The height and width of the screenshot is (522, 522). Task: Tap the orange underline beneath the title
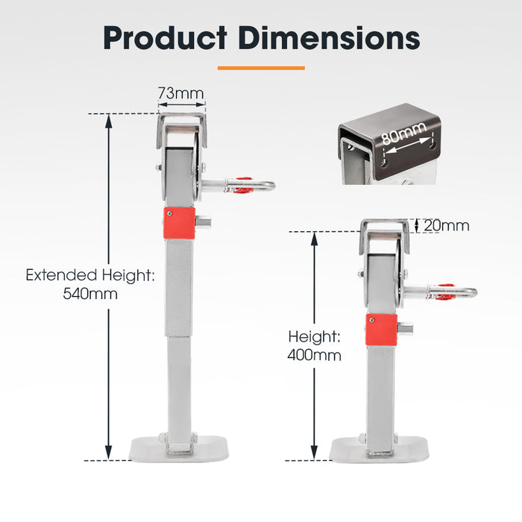click(261, 68)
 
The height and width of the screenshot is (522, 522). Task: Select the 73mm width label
click(180, 94)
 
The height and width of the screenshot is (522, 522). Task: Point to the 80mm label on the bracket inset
click(403, 137)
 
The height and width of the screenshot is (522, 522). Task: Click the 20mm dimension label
click(446, 225)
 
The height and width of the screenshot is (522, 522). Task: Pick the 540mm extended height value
click(90, 294)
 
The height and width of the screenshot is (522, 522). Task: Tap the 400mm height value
click(314, 356)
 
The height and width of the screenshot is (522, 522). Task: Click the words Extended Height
click(90, 275)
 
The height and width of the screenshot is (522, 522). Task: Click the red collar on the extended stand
click(178, 223)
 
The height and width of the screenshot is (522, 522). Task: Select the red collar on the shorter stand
click(381, 330)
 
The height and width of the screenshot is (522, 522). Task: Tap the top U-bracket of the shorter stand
click(385, 228)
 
